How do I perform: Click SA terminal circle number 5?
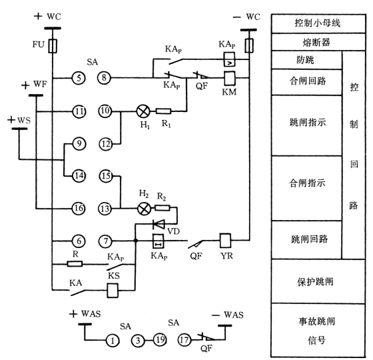point(79,78)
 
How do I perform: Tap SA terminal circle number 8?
point(104,77)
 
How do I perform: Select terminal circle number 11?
point(79,111)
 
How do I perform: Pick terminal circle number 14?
point(79,176)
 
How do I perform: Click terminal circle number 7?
point(105,241)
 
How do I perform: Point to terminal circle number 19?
point(160,340)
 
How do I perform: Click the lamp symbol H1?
point(143,111)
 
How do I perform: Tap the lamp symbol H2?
point(144,209)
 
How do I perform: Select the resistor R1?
point(163,111)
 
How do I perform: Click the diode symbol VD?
point(159,224)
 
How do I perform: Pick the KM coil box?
point(230,78)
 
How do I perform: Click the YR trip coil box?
point(225,241)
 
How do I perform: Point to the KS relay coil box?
point(113,290)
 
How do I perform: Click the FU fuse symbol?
point(53,46)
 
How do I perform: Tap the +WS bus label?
point(19,120)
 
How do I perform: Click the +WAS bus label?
point(85,314)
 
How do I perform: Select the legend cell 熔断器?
point(318,42)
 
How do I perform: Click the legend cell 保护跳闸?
point(318,281)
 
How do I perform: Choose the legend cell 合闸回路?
point(307,82)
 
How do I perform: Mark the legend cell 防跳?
point(307,60)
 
